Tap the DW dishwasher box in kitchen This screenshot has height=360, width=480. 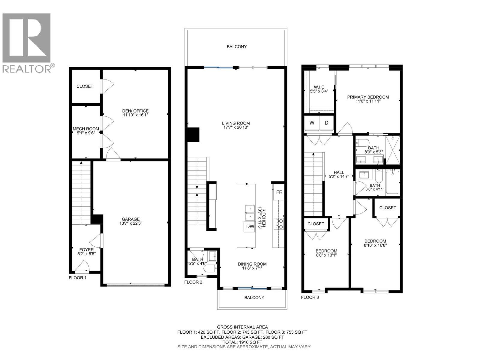[250, 226]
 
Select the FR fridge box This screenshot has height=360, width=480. [279, 192]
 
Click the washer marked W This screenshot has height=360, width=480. [312, 123]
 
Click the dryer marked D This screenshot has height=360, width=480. [326, 123]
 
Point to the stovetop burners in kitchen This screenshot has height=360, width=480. [279, 224]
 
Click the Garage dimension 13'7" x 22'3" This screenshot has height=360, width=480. [131, 223]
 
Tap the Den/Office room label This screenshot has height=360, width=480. [136, 111]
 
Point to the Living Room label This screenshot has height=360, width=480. [236, 123]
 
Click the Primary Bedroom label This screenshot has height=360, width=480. [368, 97]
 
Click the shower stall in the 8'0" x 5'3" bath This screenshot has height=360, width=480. [393, 150]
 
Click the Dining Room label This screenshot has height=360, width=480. [252, 264]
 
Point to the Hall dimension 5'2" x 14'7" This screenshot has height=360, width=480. [339, 176]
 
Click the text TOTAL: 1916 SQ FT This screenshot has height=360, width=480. [242, 342]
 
